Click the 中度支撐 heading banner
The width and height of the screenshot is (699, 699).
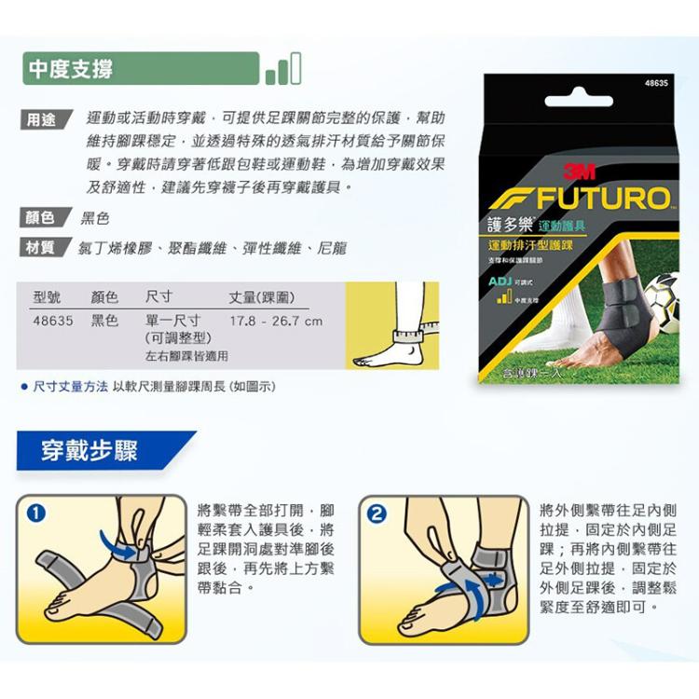coord(140,69)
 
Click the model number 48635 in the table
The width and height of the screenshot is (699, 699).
coord(52,321)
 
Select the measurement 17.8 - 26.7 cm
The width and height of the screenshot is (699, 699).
coord(276,321)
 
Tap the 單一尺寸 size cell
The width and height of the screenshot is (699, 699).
coord(173,321)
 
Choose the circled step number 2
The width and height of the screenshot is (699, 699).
coord(377,513)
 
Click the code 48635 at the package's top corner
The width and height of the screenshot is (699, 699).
coord(656,84)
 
